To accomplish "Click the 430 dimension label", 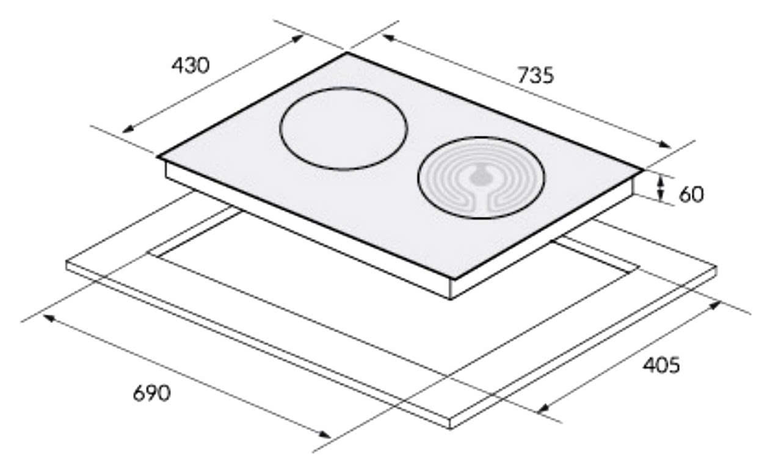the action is click(x=191, y=65).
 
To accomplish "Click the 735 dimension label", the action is click(x=535, y=75).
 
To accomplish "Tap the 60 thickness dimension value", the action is click(x=691, y=195).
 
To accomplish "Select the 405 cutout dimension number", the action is click(x=661, y=365).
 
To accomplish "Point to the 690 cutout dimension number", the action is click(x=152, y=393).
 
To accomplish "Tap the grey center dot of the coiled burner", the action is click(x=479, y=177).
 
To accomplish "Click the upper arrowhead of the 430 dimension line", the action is click(x=298, y=38).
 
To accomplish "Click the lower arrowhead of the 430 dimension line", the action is click(x=128, y=129).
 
